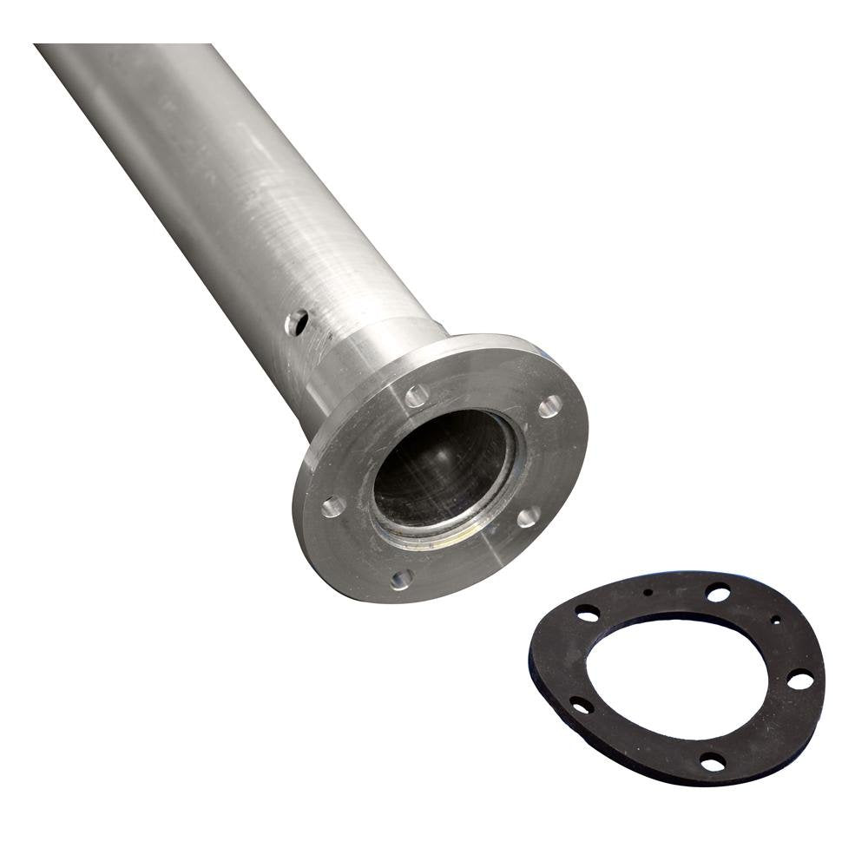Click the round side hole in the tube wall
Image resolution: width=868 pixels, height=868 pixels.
pos(296,323)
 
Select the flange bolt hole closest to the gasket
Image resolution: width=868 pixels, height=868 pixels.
pos(528,517)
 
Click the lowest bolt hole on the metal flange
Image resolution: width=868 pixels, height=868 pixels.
pos(400,579)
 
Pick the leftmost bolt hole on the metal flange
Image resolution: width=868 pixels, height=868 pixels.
pos(333,506)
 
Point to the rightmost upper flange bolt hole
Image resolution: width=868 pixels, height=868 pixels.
pos(549,405)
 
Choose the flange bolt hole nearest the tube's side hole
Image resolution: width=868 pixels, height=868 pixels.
pos(417,396)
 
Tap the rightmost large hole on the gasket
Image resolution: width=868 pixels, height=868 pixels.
pos(799,681)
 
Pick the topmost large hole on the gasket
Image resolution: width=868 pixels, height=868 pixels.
pos(718,594)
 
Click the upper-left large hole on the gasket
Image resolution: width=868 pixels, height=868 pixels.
pos(587,613)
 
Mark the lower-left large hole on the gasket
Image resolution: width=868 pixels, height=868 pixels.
pos(580,705)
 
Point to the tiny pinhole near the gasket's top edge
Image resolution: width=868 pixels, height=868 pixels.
pos(648,592)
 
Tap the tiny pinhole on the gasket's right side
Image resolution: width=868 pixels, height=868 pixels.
pos(775,620)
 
